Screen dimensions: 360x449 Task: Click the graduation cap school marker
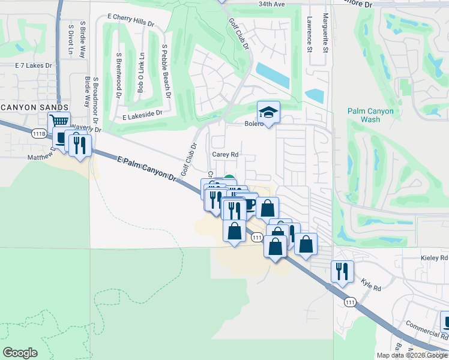(x=269, y=112)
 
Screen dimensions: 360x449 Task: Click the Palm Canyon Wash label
(x=370, y=115)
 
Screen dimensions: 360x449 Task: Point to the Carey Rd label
(x=226, y=154)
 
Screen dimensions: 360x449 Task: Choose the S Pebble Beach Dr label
(x=166, y=71)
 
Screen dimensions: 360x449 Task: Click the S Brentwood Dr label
(x=119, y=76)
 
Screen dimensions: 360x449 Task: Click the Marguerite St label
(x=325, y=34)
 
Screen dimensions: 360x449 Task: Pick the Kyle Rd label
(x=372, y=284)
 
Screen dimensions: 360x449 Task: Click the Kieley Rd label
(x=435, y=258)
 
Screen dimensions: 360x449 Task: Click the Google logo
(x=20, y=353)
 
